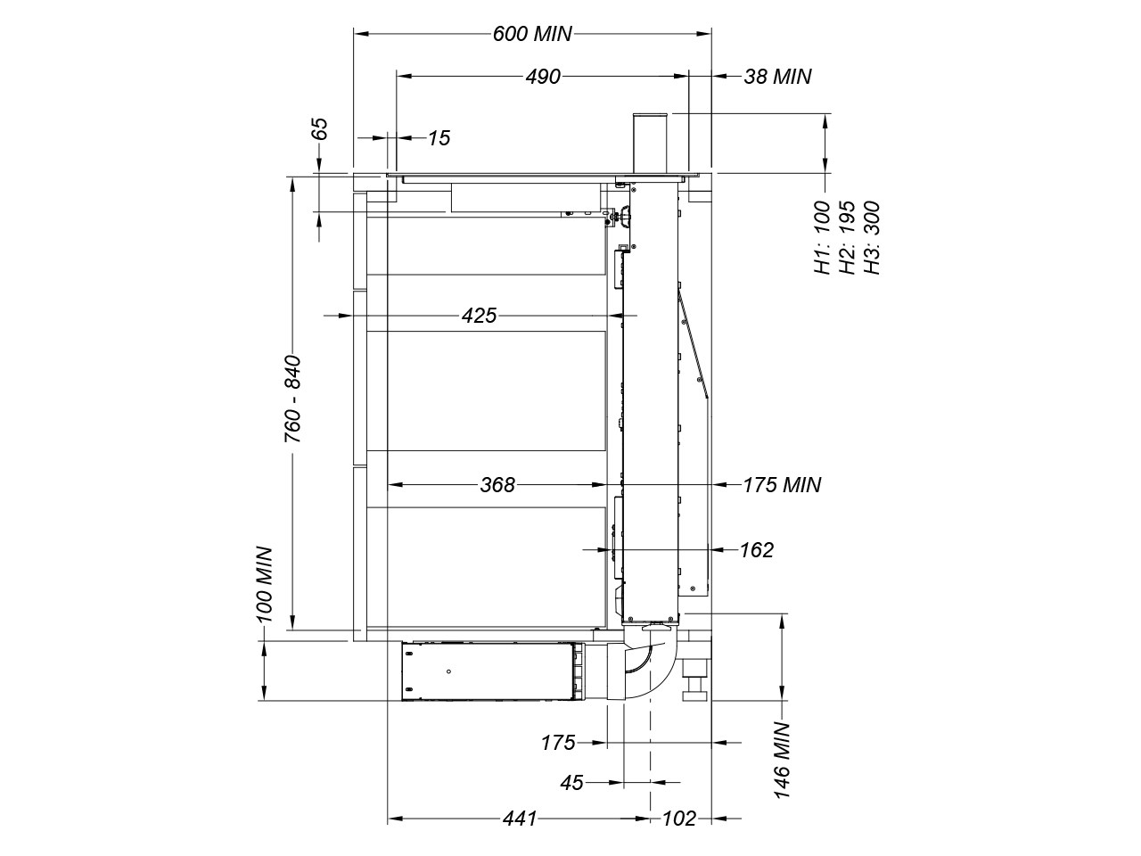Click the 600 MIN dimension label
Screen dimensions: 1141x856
(x=532, y=34)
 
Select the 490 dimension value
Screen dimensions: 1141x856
(x=543, y=77)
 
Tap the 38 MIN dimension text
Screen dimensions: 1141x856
(x=777, y=77)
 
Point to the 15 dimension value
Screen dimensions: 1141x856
(x=439, y=138)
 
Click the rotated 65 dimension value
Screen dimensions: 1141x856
(x=321, y=128)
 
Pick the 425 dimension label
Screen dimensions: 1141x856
(x=480, y=316)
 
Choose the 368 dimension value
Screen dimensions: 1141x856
(x=497, y=485)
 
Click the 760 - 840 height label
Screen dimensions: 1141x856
(x=292, y=399)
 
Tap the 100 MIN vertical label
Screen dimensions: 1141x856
(x=264, y=584)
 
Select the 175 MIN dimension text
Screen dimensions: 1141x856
(x=782, y=485)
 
